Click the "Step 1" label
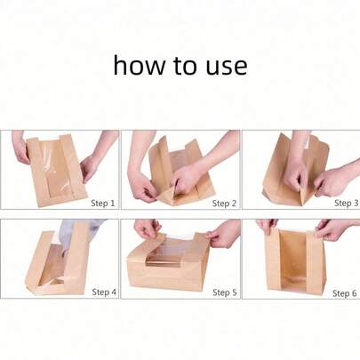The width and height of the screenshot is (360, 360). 104,203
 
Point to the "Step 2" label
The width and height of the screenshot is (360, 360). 224,203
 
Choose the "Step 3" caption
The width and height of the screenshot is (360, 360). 345,203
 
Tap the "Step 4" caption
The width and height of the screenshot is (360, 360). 104,291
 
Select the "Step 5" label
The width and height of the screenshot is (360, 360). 224,291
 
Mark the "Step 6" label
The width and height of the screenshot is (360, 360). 345,292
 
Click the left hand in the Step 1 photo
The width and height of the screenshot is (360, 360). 20,149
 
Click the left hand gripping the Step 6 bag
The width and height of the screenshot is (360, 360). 267,228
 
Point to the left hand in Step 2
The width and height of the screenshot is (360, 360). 142,182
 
